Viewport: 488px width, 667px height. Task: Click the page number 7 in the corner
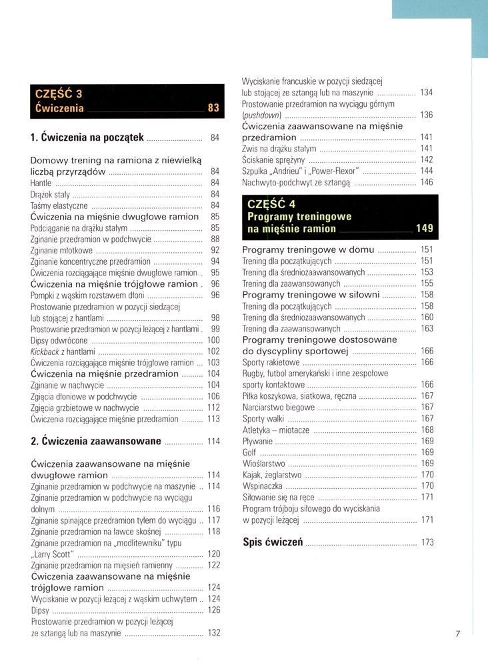[458, 634]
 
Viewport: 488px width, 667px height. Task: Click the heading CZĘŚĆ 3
[59, 93]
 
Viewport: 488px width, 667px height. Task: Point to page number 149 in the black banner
[424, 228]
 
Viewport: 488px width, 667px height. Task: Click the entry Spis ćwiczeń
[273, 542]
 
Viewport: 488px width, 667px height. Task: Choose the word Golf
[249, 452]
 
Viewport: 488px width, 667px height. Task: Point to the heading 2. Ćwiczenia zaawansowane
[96, 441]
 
